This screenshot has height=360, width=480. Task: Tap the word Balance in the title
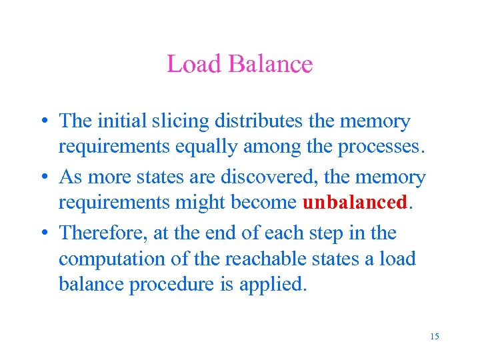270,64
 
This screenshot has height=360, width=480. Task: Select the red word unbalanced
354,203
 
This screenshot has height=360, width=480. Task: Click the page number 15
435,336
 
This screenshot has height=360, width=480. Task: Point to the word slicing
173,121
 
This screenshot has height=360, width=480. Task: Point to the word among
273,147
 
